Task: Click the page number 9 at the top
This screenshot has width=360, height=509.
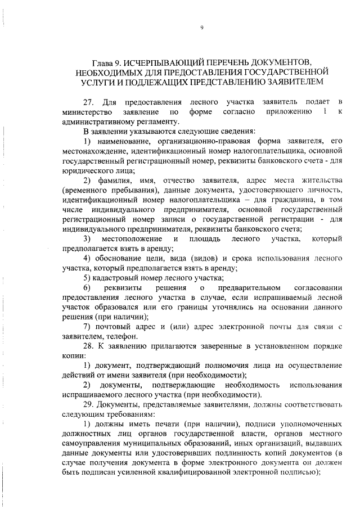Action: (x=201, y=28)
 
